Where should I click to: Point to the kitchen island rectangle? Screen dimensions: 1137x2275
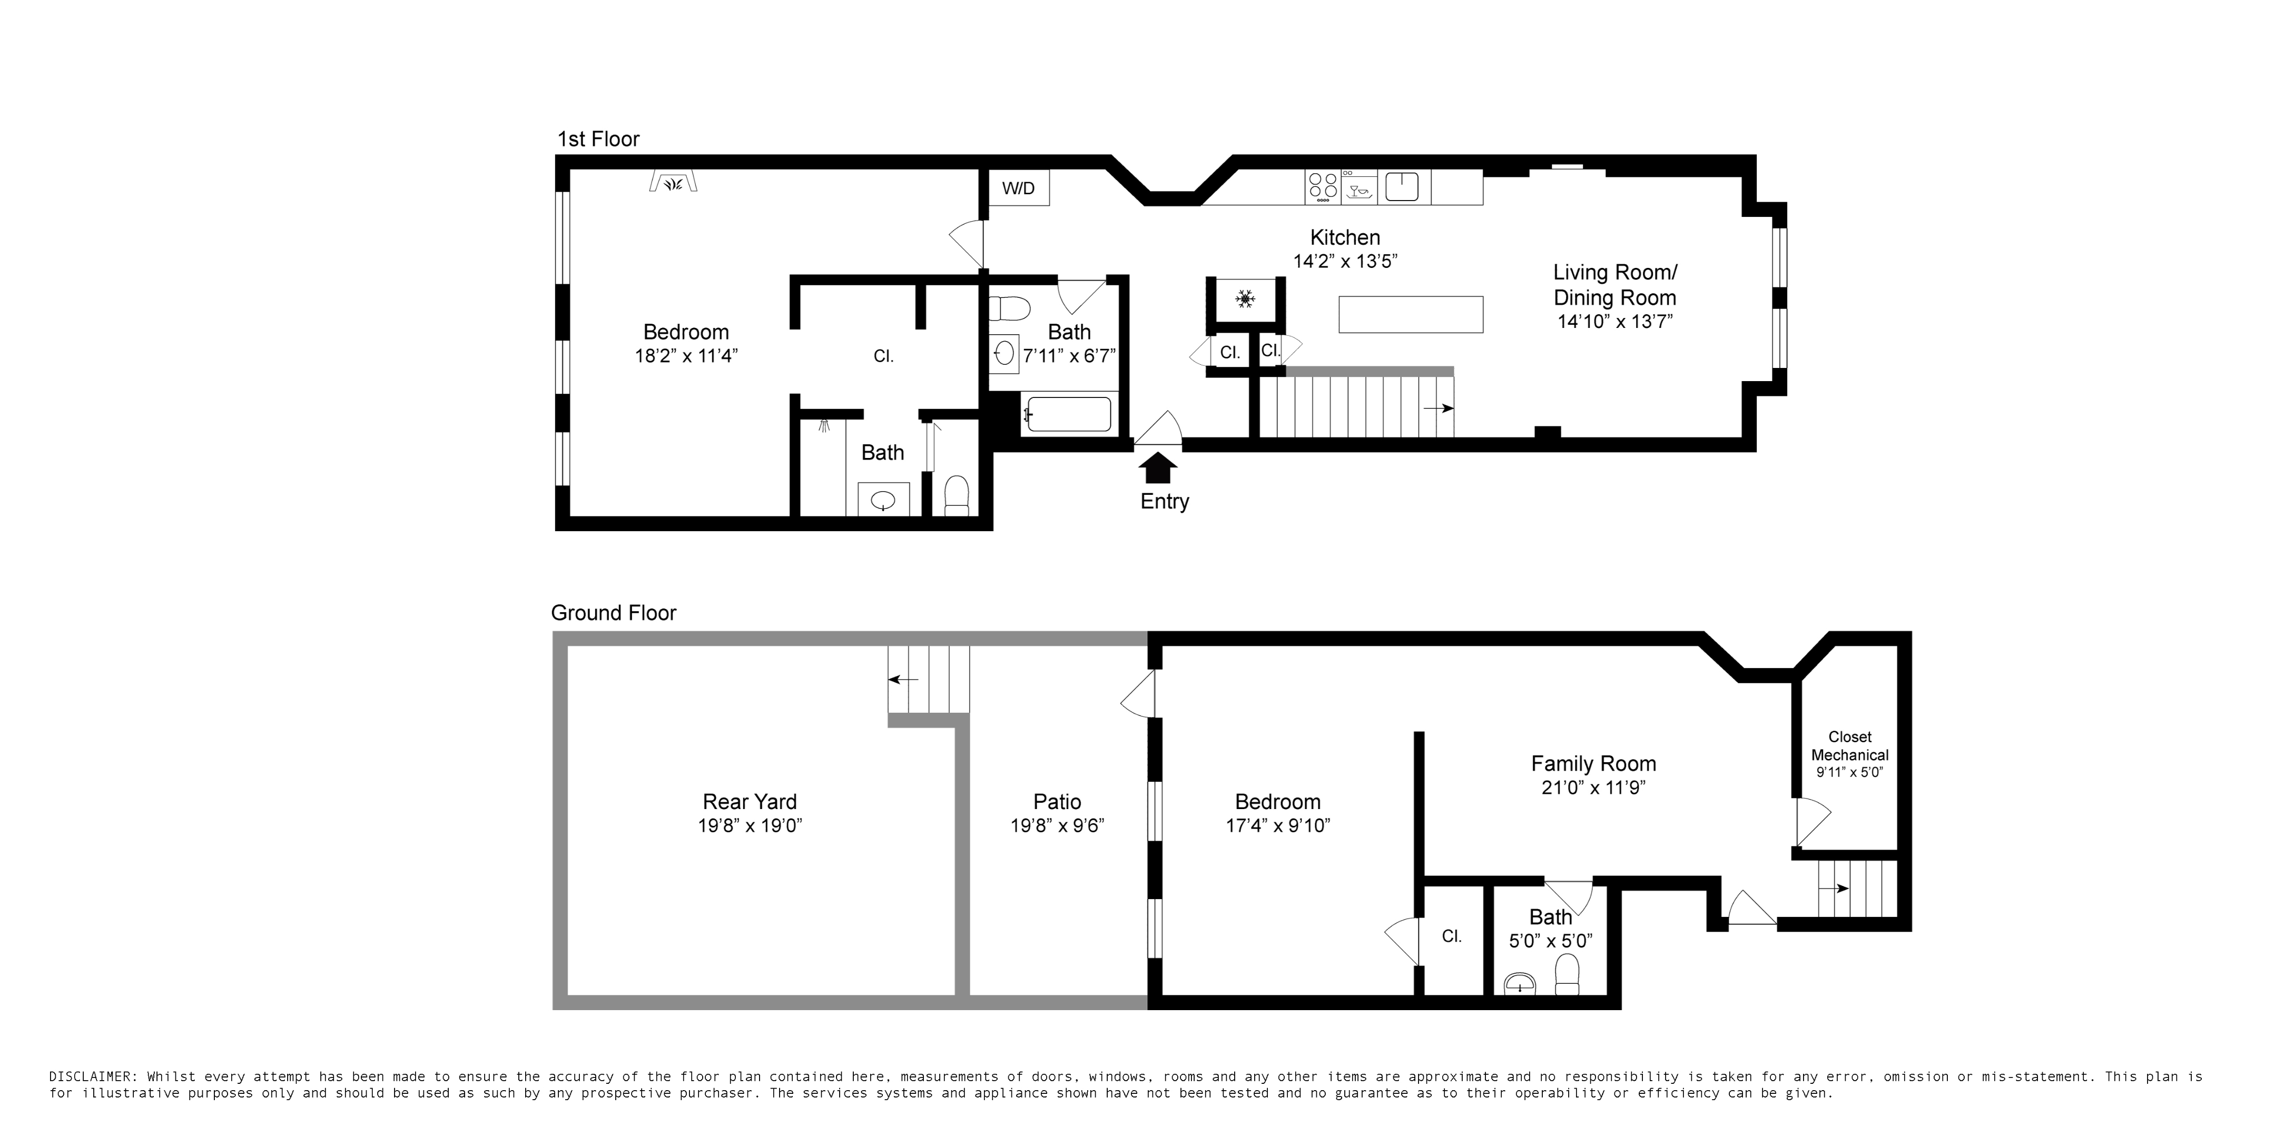point(1411,314)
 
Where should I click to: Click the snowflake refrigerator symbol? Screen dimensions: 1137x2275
point(1245,300)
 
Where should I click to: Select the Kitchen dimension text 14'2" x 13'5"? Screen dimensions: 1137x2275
point(1345,261)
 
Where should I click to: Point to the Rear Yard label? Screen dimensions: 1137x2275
point(749,802)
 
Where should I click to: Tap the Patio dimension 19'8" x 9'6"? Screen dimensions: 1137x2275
point(1057,825)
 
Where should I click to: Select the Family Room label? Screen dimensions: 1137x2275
point(1593,764)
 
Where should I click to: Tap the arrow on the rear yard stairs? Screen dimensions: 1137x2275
point(903,679)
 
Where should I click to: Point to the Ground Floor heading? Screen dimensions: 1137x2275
point(613,613)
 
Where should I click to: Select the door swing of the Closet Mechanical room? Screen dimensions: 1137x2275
point(1811,821)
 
